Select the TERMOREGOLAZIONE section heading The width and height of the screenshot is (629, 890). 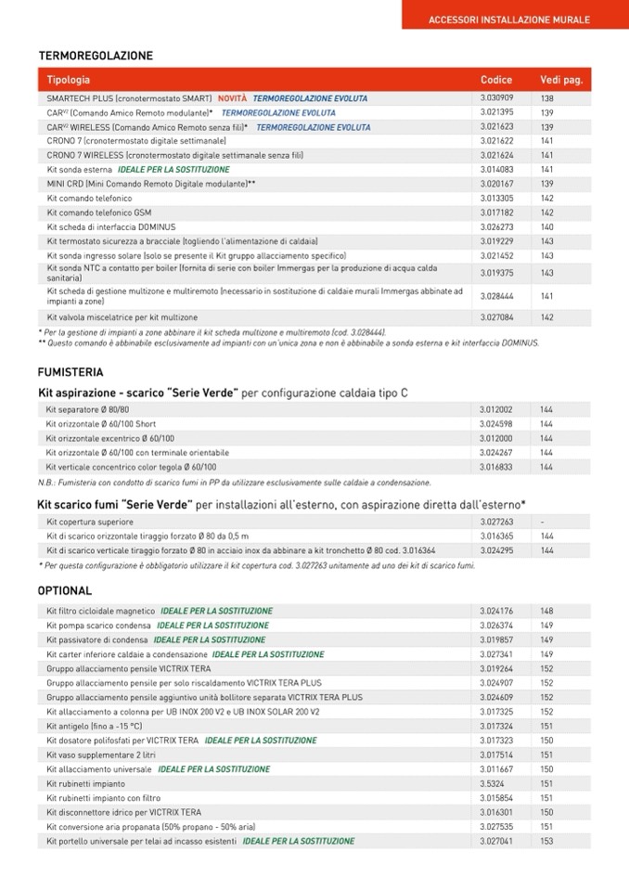pyautogui.click(x=96, y=57)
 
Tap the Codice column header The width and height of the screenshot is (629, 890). pyautogui.click(x=496, y=81)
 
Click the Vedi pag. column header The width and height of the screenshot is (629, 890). pyautogui.click(x=560, y=81)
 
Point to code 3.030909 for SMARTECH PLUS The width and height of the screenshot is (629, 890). pyautogui.click(x=497, y=98)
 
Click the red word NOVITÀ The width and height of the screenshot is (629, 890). pyautogui.click(x=232, y=98)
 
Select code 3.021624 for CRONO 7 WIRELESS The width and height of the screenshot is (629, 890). pyautogui.click(x=497, y=156)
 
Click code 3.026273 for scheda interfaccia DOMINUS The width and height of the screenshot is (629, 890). pyautogui.click(x=497, y=227)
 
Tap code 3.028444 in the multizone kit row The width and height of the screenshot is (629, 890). pyautogui.click(x=497, y=296)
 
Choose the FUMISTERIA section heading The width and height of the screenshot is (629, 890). pyautogui.click(x=71, y=372)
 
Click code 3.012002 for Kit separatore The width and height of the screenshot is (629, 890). pyautogui.click(x=496, y=409)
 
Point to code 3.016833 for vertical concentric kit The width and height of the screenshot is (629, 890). pyautogui.click(x=496, y=468)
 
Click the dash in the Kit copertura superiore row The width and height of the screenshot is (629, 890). pyautogui.click(x=543, y=522)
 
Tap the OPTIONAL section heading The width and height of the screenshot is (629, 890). pyautogui.click(x=65, y=591)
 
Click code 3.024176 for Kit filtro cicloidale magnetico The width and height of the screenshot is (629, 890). pyautogui.click(x=497, y=612)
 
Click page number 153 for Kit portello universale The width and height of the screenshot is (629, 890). pyautogui.click(x=546, y=842)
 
